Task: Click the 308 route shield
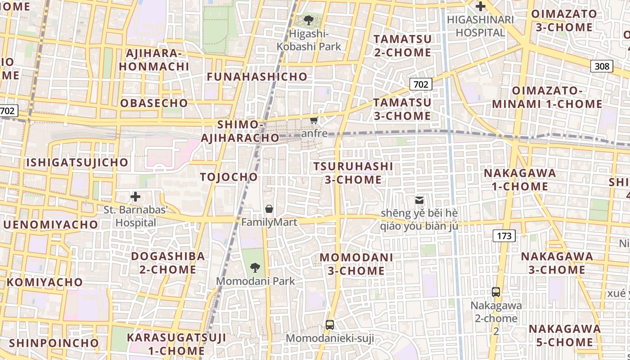pos(602,67)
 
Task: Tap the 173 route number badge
pos(504,235)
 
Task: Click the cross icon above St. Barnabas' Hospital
pos(135,197)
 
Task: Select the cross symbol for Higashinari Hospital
pos(481,6)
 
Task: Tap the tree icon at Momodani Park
pos(255,268)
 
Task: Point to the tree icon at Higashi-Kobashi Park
pos(309,20)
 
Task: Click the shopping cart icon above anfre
pos(314,120)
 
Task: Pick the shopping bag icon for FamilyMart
pos(269,208)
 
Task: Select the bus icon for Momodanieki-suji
pos(330,324)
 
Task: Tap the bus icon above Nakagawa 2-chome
pos(496,292)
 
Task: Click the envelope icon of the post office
pos(419,199)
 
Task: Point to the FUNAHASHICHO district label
pos(257,77)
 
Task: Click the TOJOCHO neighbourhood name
pos(229,177)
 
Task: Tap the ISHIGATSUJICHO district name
pos(77,162)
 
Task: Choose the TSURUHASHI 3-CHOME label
pos(353,173)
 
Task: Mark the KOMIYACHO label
pos(45,282)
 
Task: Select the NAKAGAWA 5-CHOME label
pos(565,335)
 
